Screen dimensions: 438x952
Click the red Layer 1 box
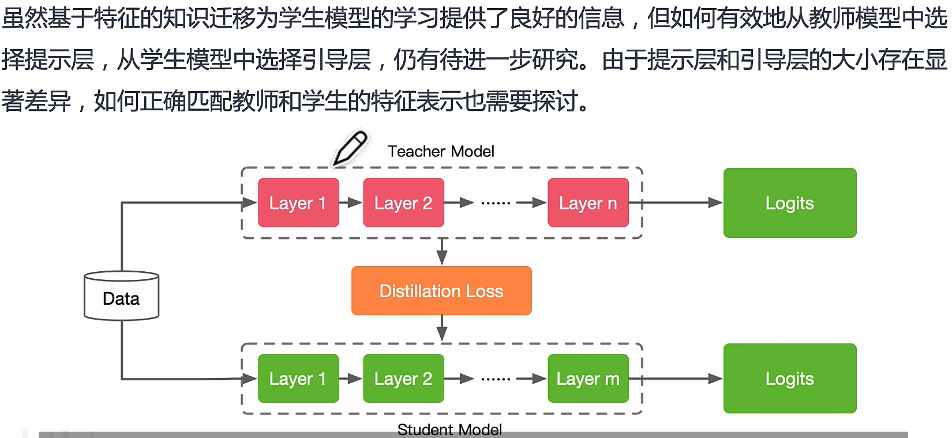point(298,203)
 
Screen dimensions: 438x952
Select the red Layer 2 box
point(403,203)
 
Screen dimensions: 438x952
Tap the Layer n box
point(588,203)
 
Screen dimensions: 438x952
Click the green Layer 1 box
point(298,379)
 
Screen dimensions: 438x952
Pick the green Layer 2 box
point(403,379)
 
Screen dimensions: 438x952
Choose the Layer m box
point(588,379)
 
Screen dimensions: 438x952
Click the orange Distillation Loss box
point(441,291)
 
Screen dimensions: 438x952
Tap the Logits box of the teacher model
point(790,203)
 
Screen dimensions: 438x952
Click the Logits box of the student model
point(790,379)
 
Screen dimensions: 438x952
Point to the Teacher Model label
point(441,151)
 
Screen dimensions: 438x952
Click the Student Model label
point(449,430)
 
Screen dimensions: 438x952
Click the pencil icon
point(350,148)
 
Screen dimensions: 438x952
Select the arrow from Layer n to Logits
point(681,203)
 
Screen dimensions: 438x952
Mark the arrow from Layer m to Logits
point(681,379)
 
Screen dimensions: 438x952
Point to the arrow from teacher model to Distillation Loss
point(442,251)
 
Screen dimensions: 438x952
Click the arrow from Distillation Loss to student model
point(442,328)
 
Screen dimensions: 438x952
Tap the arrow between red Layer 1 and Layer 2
point(351,203)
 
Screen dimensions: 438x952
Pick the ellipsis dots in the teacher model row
point(496,203)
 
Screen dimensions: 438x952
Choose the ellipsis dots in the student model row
point(496,379)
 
